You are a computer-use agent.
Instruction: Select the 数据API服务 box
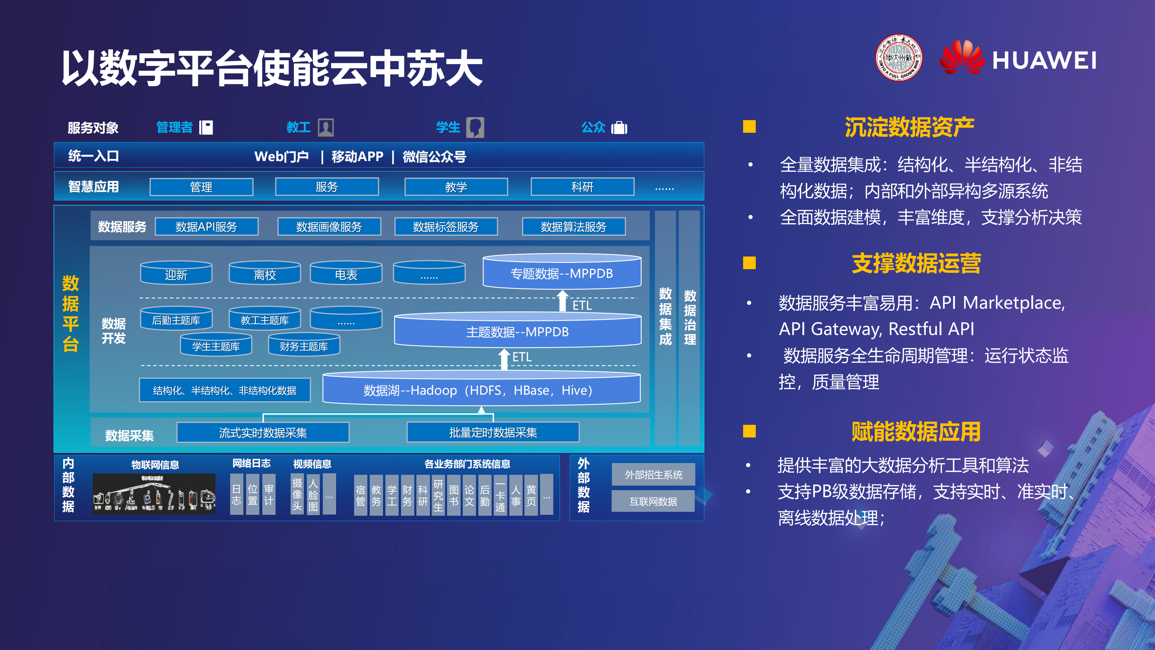[x=206, y=226]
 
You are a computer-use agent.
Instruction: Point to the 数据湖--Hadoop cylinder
[x=481, y=389]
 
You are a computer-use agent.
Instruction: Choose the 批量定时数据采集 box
[x=493, y=432]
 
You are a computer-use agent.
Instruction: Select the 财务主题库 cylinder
[x=304, y=345]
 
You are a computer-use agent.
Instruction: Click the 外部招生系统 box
[x=653, y=474]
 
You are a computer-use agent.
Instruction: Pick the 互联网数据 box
[x=653, y=501]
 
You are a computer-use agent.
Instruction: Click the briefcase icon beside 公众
[x=619, y=128]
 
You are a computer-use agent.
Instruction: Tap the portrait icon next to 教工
[x=326, y=127]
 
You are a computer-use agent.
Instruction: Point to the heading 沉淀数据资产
[x=909, y=127]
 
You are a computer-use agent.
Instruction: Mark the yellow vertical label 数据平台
[x=70, y=314]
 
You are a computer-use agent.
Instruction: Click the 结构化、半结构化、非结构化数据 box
[x=225, y=390]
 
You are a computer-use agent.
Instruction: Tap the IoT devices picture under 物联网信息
[x=154, y=494]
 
